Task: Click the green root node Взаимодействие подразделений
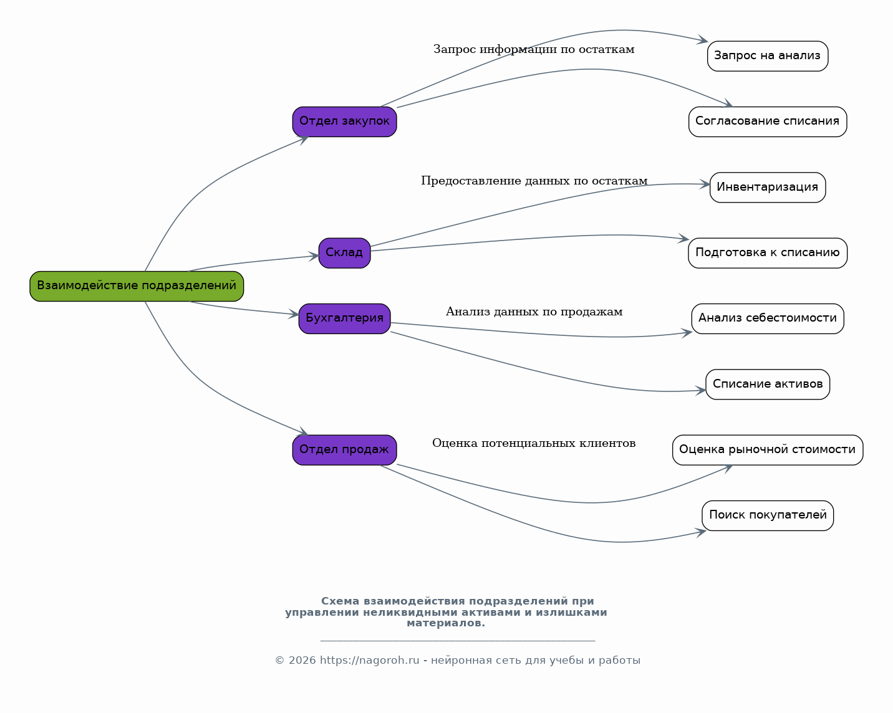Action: pyautogui.click(x=137, y=286)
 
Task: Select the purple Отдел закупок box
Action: pyautogui.click(x=344, y=122)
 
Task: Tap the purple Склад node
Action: pyautogui.click(x=344, y=253)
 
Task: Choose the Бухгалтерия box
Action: pyautogui.click(x=344, y=318)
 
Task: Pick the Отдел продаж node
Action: pyautogui.click(x=344, y=450)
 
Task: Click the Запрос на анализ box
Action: pyautogui.click(x=768, y=56)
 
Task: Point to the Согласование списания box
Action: pyautogui.click(x=768, y=122)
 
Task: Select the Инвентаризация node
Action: pyautogui.click(x=768, y=188)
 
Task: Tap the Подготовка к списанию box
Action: pyautogui.click(x=768, y=253)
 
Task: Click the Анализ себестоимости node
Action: pyautogui.click(x=768, y=318)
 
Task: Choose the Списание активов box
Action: pyautogui.click(x=768, y=385)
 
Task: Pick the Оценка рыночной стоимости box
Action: pyautogui.click(x=768, y=450)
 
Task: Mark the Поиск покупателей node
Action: pyautogui.click(x=768, y=515)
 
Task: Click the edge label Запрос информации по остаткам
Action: pyautogui.click(x=534, y=49)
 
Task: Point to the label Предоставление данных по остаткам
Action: pyautogui.click(x=534, y=181)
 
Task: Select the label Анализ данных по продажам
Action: pyautogui.click(x=534, y=312)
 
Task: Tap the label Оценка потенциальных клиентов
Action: pyautogui.click(x=534, y=443)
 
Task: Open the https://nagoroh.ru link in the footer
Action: pyautogui.click(x=369, y=660)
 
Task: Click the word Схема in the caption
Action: pyautogui.click(x=340, y=601)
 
